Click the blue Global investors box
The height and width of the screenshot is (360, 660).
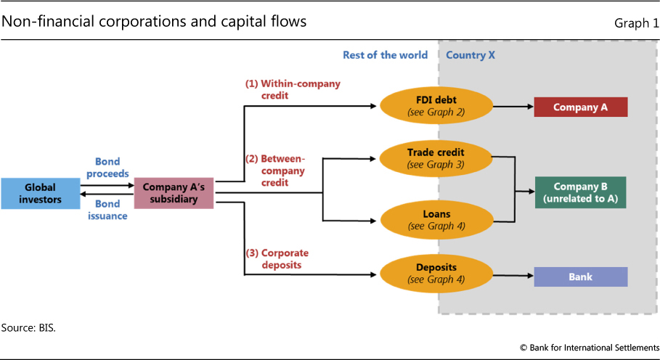click(41, 193)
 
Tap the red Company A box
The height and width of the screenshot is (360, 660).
click(580, 107)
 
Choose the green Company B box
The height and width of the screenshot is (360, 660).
click(580, 193)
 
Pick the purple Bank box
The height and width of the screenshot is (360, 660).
click(580, 277)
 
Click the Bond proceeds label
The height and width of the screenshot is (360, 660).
click(107, 168)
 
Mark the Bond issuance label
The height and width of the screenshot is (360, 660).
click(107, 210)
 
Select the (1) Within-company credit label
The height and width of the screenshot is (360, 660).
click(292, 89)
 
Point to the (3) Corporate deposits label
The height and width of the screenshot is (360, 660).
click(277, 259)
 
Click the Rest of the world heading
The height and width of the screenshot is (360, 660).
click(385, 55)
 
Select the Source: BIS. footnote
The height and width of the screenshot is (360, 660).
click(28, 328)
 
